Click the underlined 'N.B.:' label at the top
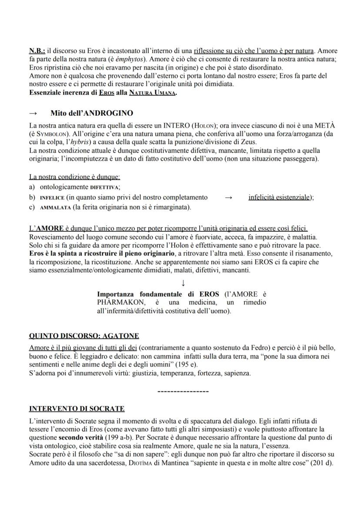37,51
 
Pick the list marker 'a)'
32,187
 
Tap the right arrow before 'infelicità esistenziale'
229,197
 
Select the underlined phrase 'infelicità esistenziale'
280,197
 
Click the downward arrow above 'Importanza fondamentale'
183,283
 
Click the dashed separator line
183,392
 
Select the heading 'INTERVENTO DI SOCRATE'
77,409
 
